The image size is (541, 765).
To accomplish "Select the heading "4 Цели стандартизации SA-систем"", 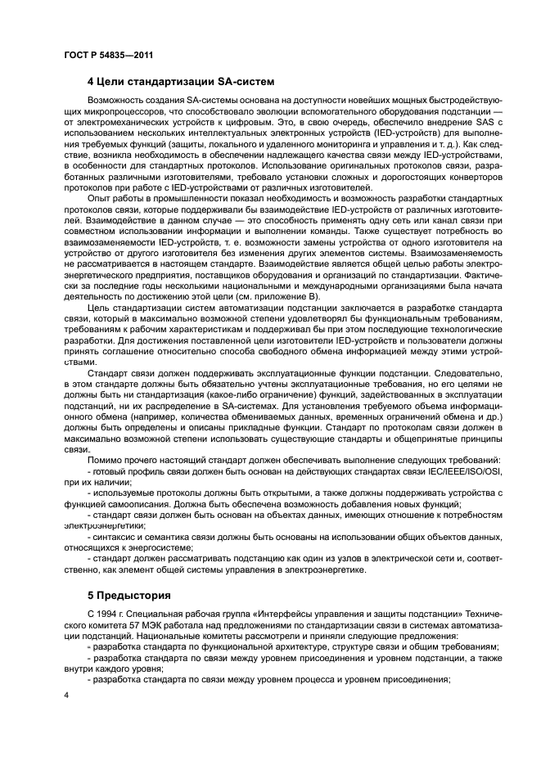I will click(x=179, y=81).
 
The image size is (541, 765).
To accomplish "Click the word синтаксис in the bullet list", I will click(x=119, y=536).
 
